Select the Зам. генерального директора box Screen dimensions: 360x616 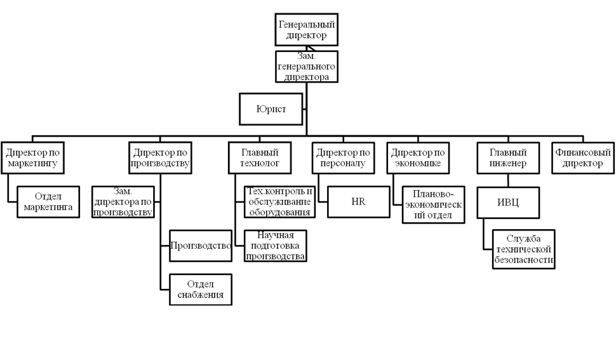click(x=307, y=67)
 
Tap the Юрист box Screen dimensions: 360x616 click(x=271, y=109)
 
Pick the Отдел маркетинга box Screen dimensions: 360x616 click(x=48, y=201)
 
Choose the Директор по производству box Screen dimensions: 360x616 click(x=160, y=158)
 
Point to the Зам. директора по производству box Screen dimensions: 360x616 click(x=123, y=202)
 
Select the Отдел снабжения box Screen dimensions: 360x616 click(x=201, y=290)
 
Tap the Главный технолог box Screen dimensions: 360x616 click(x=260, y=158)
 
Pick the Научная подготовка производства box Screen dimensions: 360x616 click(x=276, y=246)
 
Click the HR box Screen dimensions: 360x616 click(x=358, y=202)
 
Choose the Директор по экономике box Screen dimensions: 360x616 click(x=417, y=158)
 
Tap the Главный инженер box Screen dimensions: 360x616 click(x=507, y=158)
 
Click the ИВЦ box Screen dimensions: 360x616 click(x=507, y=203)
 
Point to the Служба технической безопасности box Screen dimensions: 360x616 click(x=524, y=250)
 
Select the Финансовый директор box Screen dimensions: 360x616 click(x=583, y=158)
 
